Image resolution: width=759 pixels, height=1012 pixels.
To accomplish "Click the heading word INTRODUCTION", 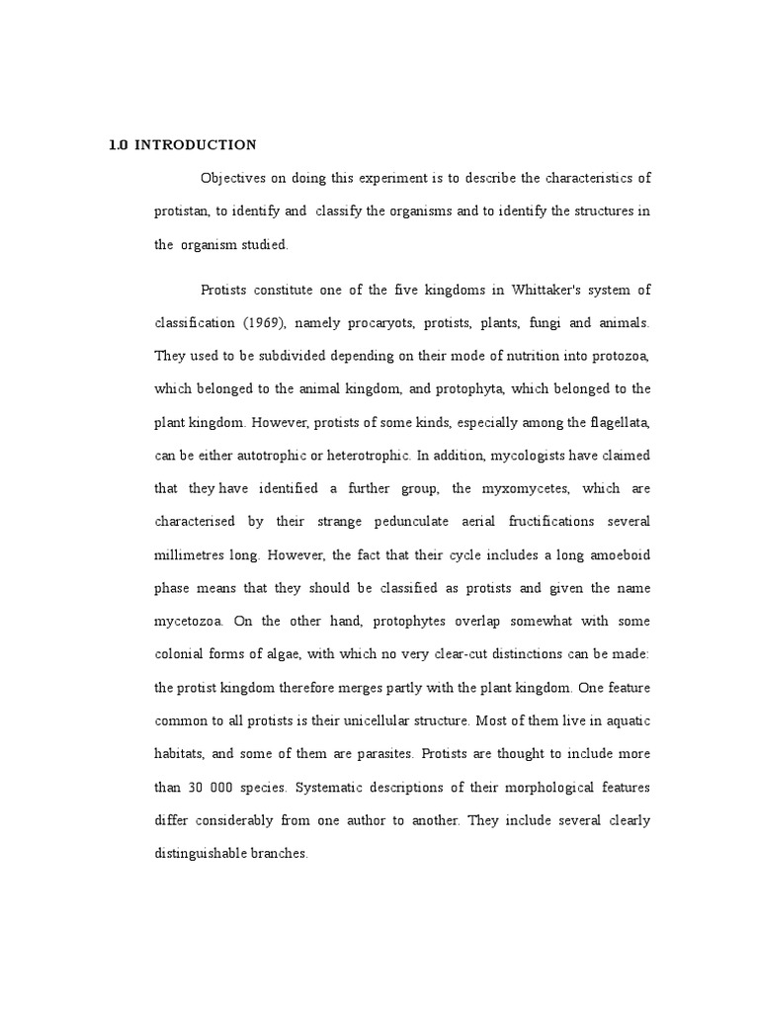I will coord(196,145).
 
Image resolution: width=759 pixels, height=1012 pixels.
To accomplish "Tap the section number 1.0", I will coord(118,145).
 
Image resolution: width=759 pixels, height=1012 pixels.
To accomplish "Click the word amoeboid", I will coord(617,555).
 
